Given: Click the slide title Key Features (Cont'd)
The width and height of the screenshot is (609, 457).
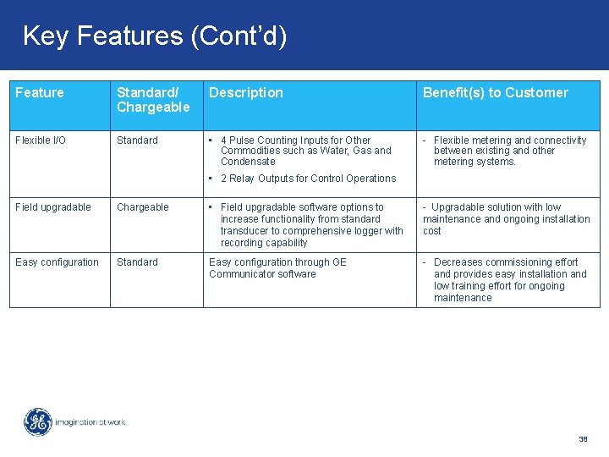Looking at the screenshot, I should tap(155, 36).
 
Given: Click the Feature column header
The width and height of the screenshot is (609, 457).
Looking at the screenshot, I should tap(39, 93).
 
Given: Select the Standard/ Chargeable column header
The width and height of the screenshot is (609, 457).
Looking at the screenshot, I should tap(153, 100).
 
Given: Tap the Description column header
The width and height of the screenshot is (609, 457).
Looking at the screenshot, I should tap(245, 93).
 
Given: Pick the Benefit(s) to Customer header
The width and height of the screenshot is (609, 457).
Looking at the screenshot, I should tap(495, 93).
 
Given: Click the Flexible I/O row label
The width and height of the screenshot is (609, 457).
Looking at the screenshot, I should tap(41, 140).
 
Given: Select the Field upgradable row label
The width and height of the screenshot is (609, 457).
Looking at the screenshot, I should tap(52, 207).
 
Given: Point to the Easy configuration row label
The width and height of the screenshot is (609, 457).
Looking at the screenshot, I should tap(57, 262).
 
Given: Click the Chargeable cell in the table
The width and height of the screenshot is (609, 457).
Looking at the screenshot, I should tap(142, 207).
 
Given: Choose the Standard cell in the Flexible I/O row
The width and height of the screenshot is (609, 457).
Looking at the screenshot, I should tap(137, 140).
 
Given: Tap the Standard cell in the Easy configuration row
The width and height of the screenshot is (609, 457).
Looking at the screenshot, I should tap(137, 262).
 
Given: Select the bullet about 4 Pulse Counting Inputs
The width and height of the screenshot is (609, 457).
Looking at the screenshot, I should tap(304, 151).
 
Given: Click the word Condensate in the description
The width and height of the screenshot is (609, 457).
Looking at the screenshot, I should tap(248, 162).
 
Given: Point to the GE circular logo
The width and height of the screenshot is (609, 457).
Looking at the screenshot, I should tap(37, 421).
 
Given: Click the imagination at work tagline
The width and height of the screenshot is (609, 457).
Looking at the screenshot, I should tap(90, 421).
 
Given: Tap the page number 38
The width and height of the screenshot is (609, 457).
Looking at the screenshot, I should tap(583, 439).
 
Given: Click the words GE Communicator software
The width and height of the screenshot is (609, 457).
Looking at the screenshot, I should tap(262, 274).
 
